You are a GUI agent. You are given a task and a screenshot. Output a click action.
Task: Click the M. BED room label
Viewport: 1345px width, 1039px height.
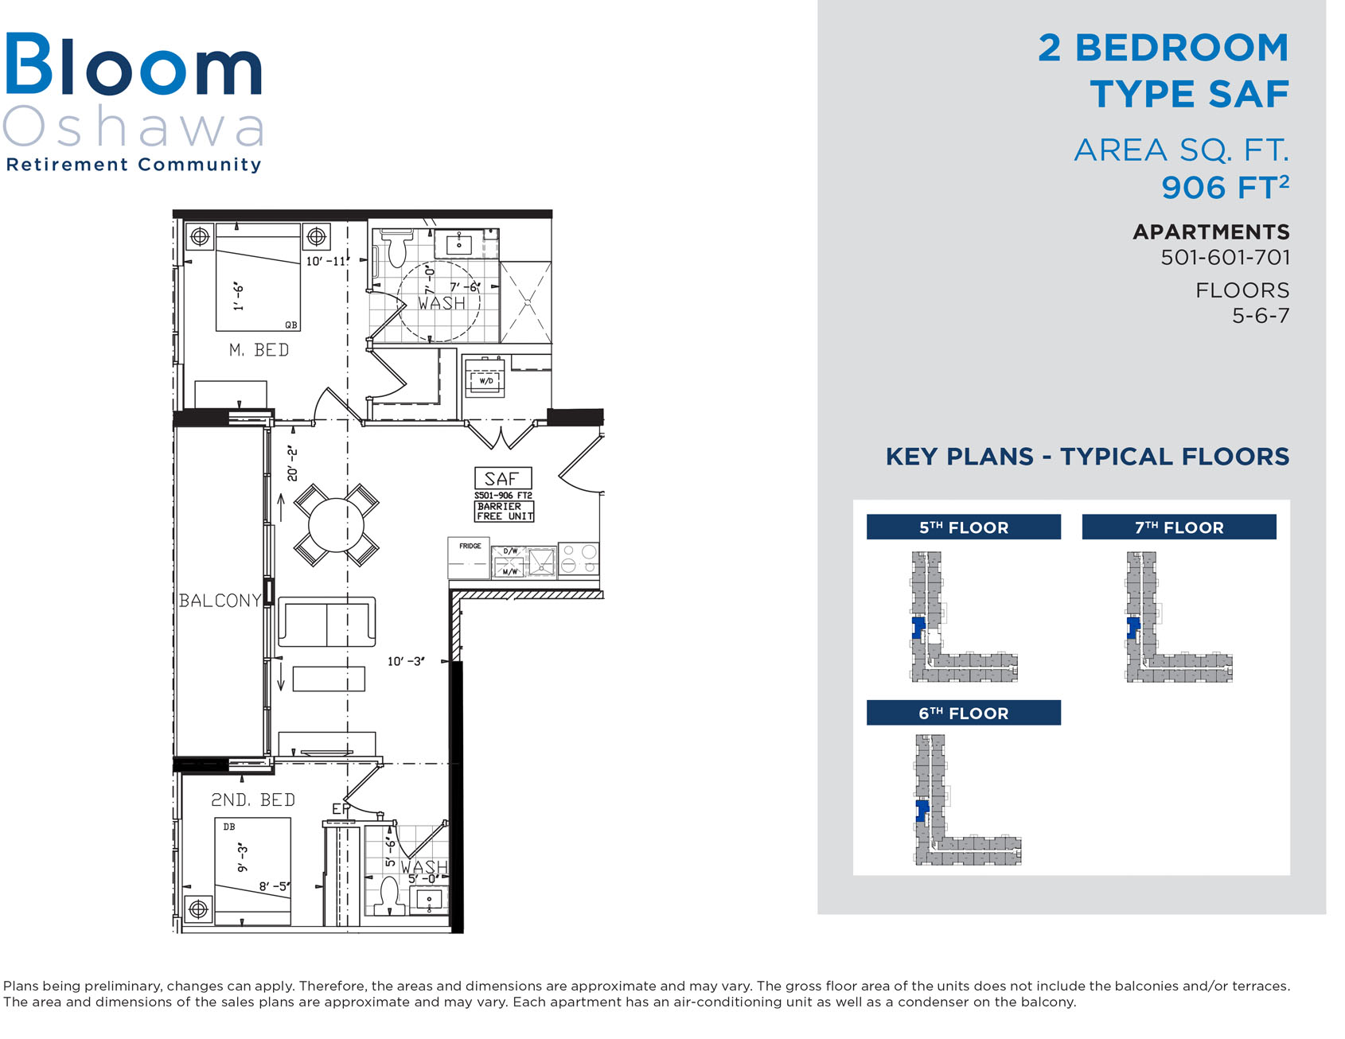click(x=259, y=350)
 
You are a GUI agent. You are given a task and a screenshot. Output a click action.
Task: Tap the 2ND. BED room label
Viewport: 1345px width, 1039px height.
click(x=253, y=800)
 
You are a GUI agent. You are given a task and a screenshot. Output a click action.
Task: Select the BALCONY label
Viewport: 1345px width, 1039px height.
click(x=220, y=601)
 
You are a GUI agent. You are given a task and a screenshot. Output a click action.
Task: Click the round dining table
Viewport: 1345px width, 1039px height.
click(x=336, y=525)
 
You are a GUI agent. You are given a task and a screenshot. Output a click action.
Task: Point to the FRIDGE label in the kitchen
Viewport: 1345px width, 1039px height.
click(x=470, y=546)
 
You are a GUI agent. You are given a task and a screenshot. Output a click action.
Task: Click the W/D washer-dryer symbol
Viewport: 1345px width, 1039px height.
click(x=486, y=380)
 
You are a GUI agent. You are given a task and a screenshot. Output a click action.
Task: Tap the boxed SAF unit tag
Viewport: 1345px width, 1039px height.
click(x=502, y=478)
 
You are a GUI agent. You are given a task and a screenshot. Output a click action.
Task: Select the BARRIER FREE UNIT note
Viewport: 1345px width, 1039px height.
click(x=505, y=511)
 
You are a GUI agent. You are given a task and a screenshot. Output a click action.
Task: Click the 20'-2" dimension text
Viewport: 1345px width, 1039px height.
click(x=292, y=463)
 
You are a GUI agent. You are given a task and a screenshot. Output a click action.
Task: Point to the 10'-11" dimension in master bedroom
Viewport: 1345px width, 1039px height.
click(x=328, y=261)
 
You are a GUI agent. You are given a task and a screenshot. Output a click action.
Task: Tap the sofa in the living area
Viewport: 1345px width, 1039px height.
click(x=326, y=621)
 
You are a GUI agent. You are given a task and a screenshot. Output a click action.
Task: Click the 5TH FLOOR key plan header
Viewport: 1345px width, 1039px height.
click(x=964, y=527)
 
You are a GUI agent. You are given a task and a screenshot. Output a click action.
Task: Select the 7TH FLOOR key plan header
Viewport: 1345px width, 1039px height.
click(x=1179, y=527)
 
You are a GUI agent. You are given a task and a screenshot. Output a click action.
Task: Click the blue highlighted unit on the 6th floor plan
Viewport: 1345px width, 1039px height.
click(x=922, y=811)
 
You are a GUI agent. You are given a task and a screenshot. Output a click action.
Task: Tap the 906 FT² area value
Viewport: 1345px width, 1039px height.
click(x=1225, y=187)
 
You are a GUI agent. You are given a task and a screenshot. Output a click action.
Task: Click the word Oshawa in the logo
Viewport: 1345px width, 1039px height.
click(x=133, y=126)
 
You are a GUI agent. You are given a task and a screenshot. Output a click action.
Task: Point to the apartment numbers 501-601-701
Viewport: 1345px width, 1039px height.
click(x=1225, y=257)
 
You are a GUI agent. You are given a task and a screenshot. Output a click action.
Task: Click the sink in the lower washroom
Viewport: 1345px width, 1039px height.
click(x=430, y=901)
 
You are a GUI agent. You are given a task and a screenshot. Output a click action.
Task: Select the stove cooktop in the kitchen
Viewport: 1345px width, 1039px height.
click(x=579, y=558)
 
